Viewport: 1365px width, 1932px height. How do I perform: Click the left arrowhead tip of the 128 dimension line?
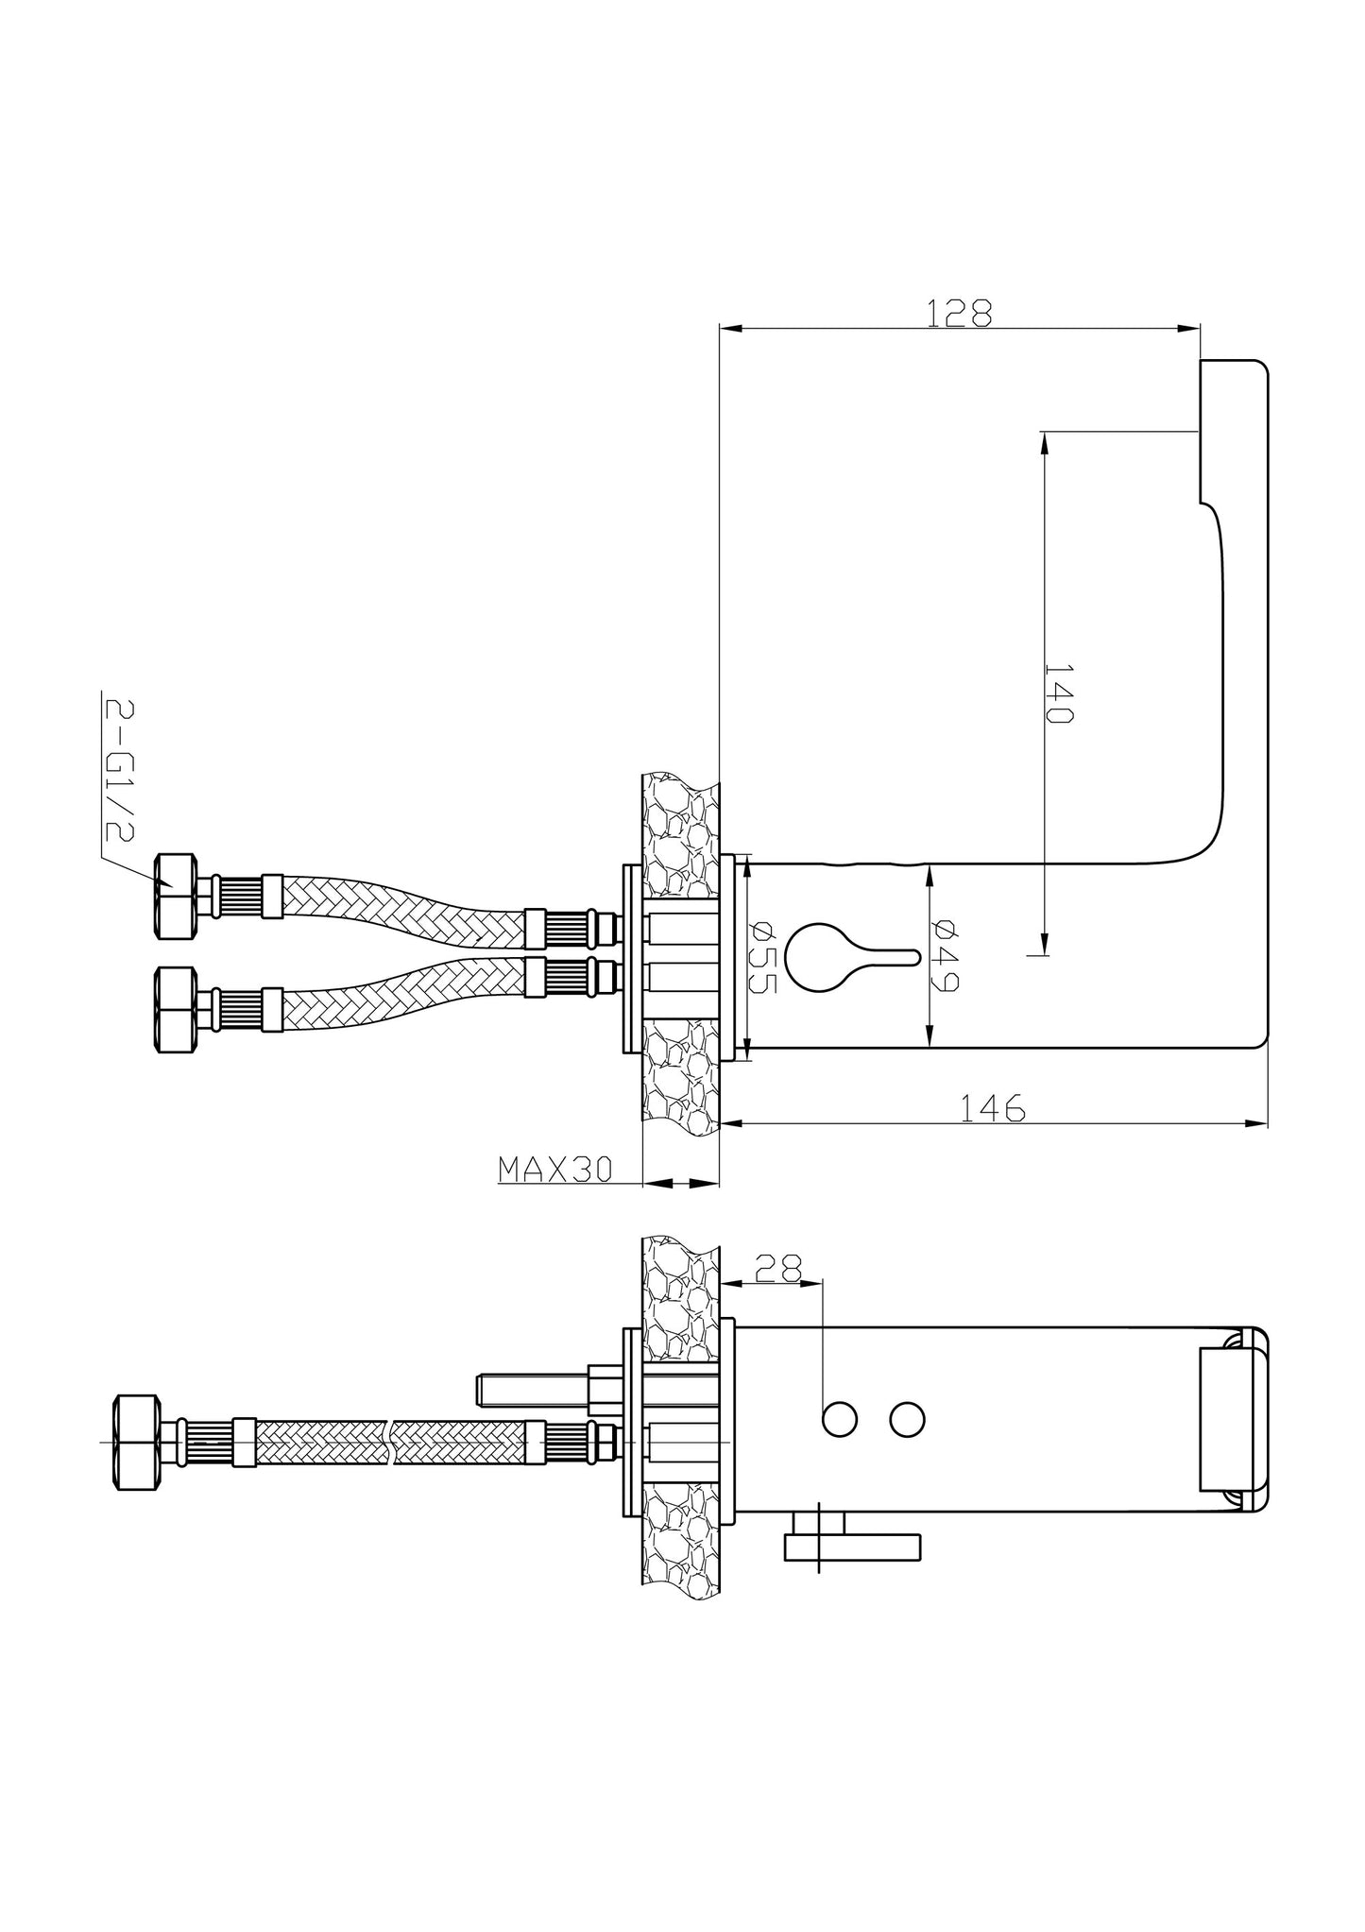point(720,329)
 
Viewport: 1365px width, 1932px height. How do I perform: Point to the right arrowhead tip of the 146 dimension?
point(1267,1124)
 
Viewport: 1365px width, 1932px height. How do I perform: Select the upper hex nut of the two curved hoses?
point(177,896)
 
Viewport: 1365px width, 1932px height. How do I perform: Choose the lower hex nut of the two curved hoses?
point(177,1009)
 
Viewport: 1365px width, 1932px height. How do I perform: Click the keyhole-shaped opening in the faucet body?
point(851,957)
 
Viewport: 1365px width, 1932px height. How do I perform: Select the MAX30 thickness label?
point(555,1170)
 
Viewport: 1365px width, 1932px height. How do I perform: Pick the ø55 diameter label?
point(762,957)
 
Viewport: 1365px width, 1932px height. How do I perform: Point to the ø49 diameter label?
point(945,955)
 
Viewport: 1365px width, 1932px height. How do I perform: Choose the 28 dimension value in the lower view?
point(779,1267)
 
